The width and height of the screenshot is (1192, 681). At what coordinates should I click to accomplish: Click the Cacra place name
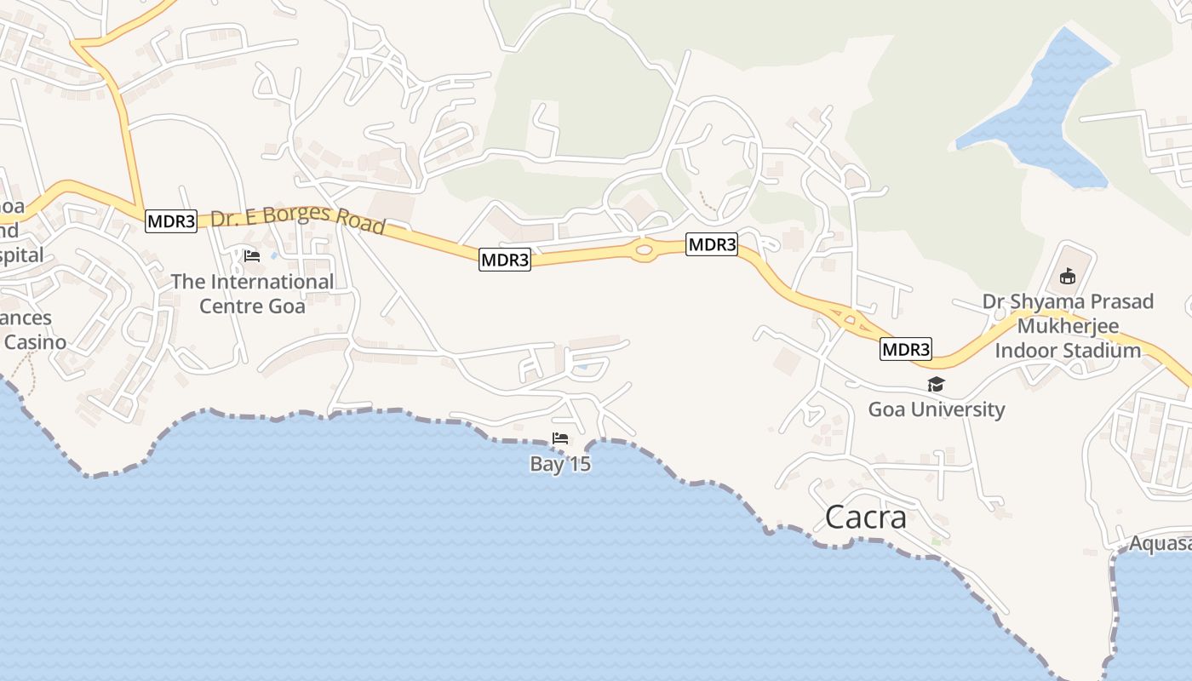pyautogui.click(x=865, y=517)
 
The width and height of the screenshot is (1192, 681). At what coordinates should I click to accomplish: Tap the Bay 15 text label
pyautogui.click(x=560, y=464)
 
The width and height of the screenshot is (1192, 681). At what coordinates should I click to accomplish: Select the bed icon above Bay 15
pyautogui.click(x=560, y=439)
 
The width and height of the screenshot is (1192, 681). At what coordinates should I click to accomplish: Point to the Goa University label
pyautogui.click(x=936, y=409)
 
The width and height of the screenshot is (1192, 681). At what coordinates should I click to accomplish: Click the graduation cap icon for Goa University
pyautogui.click(x=936, y=385)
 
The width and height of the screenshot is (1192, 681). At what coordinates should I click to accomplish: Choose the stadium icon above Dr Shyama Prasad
pyautogui.click(x=1068, y=277)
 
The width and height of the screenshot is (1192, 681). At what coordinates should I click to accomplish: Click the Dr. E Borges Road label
pyautogui.click(x=298, y=220)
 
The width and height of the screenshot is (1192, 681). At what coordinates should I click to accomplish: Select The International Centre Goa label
pyautogui.click(x=252, y=293)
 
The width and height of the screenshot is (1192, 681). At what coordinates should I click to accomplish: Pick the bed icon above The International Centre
pyautogui.click(x=251, y=255)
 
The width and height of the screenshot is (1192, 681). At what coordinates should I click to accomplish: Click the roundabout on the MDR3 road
pyautogui.click(x=644, y=249)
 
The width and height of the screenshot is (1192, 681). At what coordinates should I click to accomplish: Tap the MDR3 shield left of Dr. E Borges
pyautogui.click(x=171, y=221)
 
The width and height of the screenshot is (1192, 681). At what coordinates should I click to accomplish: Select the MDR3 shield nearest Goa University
pyautogui.click(x=906, y=349)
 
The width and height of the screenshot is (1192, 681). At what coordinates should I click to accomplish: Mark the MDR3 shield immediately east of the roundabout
pyautogui.click(x=712, y=245)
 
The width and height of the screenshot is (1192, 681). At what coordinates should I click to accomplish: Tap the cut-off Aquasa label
pyautogui.click(x=1160, y=543)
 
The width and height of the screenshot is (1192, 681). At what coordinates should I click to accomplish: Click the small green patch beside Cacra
pyautogui.click(x=937, y=540)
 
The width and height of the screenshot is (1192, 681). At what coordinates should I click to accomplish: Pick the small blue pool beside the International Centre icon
pyautogui.click(x=273, y=255)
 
